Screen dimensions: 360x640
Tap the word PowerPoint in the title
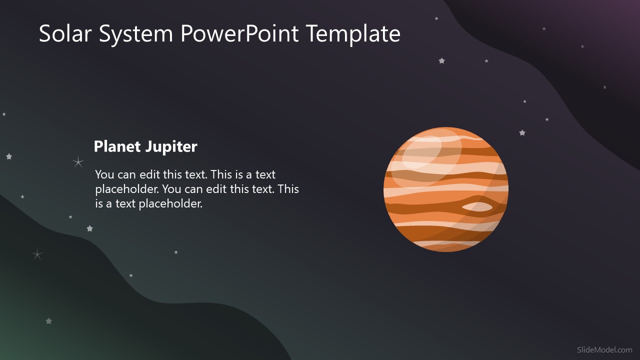click(239, 34)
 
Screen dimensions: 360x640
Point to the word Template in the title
click(353, 34)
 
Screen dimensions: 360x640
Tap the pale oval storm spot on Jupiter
click(477, 206)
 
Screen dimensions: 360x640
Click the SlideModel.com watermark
click(604, 350)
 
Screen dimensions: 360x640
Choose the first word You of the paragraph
click(104, 174)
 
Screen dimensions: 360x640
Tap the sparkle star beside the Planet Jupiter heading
click(78, 161)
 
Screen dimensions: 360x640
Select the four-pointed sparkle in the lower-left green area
click(37, 254)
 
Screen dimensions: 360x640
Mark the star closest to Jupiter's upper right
click(522, 133)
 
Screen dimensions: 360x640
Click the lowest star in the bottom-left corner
click(48, 321)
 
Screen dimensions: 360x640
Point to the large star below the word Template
click(441, 61)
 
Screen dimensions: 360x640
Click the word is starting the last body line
click(99, 203)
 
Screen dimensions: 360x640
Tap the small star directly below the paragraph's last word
click(176, 252)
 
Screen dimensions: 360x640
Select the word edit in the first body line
click(150, 174)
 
